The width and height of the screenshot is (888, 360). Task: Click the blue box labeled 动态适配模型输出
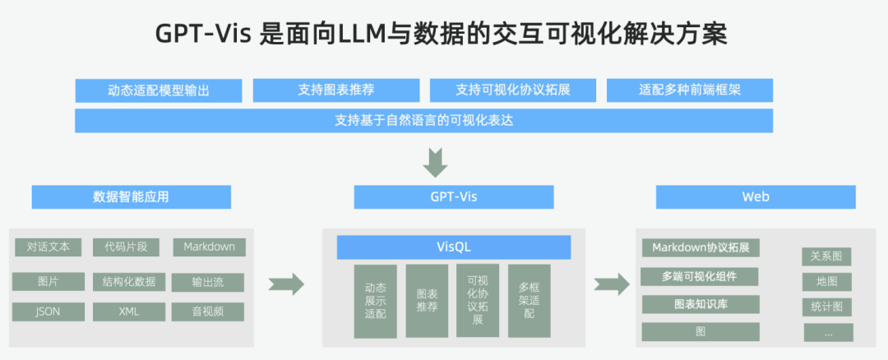(x=158, y=90)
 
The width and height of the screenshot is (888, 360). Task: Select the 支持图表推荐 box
(x=336, y=90)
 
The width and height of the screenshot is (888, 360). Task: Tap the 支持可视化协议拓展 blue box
(x=513, y=90)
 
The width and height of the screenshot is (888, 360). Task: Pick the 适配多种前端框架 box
(x=690, y=90)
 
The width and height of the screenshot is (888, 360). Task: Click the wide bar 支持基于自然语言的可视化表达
(x=423, y=120)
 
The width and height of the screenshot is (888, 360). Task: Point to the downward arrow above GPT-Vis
(x=436, y=161)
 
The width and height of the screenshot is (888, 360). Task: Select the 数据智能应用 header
(x=132, y=197)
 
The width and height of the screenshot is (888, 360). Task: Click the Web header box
(x=756, y=197)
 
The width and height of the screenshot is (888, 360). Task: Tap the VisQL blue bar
(x=454, y=247)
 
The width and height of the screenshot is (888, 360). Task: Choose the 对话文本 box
(x=48, y=247)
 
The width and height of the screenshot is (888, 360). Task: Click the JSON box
(x=48, y=312)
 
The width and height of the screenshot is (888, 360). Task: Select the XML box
(x=129, y=312)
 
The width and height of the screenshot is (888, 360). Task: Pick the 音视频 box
(x=208, y=312)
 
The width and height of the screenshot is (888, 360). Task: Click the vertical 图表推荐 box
(x=427, y=301)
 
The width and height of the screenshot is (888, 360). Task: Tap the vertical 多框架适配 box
(x=529, y=301)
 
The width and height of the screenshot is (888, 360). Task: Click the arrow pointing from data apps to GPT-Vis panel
(x=286, y=284)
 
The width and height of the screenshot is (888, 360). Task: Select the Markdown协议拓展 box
(x=700, y=247)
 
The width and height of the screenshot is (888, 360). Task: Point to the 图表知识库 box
(x=700, y=304)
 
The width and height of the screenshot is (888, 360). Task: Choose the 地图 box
(x=826, y=282)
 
